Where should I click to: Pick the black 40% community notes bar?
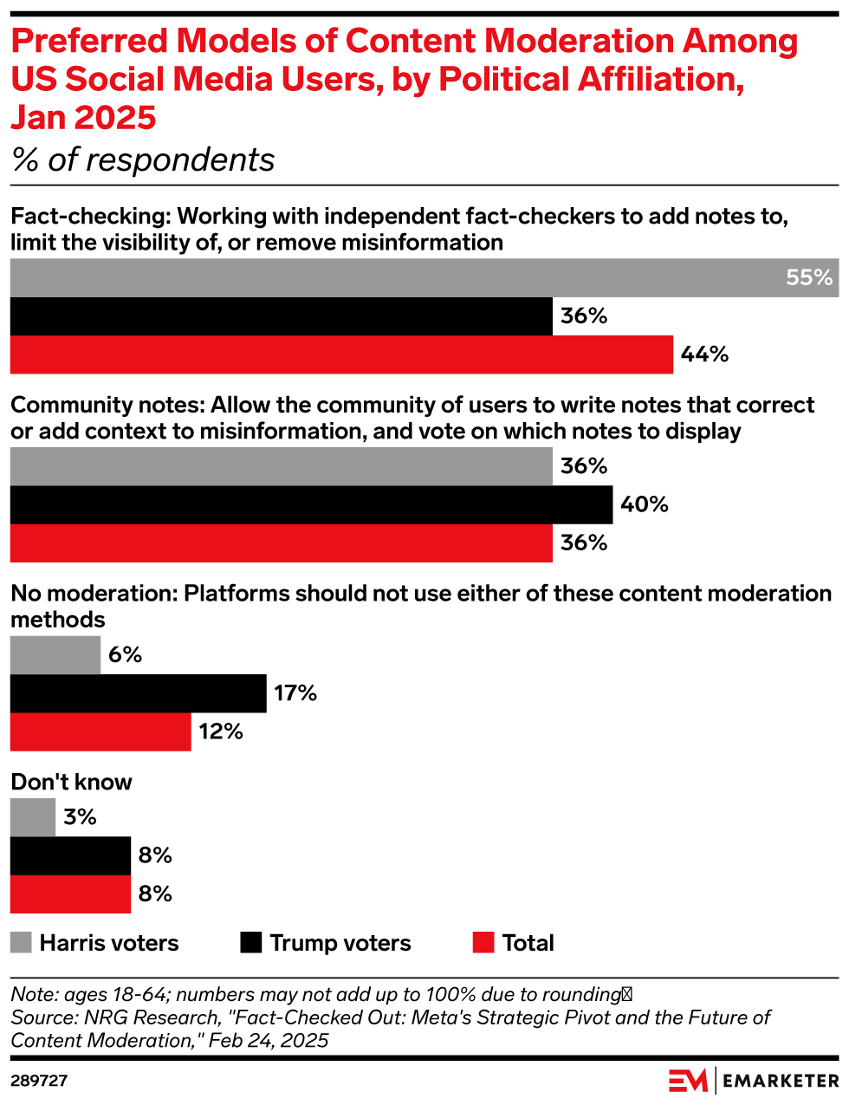[x=311, y=504]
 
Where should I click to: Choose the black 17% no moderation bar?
[x=139, y=693]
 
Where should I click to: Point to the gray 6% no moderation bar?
[x=55, y=655]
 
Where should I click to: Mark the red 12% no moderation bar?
[x=100, y=731]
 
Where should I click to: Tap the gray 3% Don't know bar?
[x=33, y=817]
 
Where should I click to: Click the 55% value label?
[x=809, y=278]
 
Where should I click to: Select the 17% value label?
[x=295, y=693]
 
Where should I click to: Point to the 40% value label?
[x=644, y=504]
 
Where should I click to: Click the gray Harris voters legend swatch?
[x=21, y=943]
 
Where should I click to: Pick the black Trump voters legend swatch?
[x=251, y=943]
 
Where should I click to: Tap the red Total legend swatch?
[x=483, y=943]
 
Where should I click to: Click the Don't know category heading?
[x=71, y=782]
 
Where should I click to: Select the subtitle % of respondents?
[x=143, y=160]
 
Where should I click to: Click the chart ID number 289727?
[x=39, y=1081]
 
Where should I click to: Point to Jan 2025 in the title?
[x=84, y=117]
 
